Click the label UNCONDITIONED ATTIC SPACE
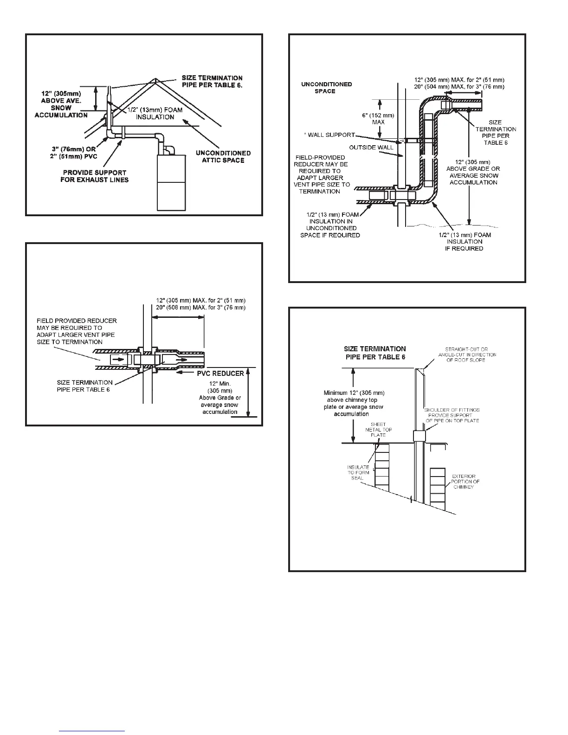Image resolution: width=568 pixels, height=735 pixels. click(223, 156)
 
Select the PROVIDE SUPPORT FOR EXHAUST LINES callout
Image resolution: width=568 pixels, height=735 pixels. click(94, 176)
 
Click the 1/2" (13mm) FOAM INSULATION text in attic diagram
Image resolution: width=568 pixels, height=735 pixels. click(155, 113)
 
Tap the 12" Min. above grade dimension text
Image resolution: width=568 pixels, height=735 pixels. click(220, 398)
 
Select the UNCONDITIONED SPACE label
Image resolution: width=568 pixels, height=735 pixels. click(326, 87)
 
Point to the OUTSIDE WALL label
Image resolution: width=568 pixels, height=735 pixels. click(371, 148)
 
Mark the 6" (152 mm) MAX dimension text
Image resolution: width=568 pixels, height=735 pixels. click(378, 119)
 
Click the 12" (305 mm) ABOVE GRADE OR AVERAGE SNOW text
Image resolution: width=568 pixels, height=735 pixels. click(473, 172)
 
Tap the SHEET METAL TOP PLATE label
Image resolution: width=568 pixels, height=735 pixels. click(378, 430)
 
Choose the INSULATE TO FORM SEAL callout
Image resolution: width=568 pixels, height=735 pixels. click(358, 472)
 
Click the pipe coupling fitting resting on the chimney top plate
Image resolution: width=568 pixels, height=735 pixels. click(419, 436)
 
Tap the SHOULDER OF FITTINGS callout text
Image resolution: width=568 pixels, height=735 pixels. click(452, 415)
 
